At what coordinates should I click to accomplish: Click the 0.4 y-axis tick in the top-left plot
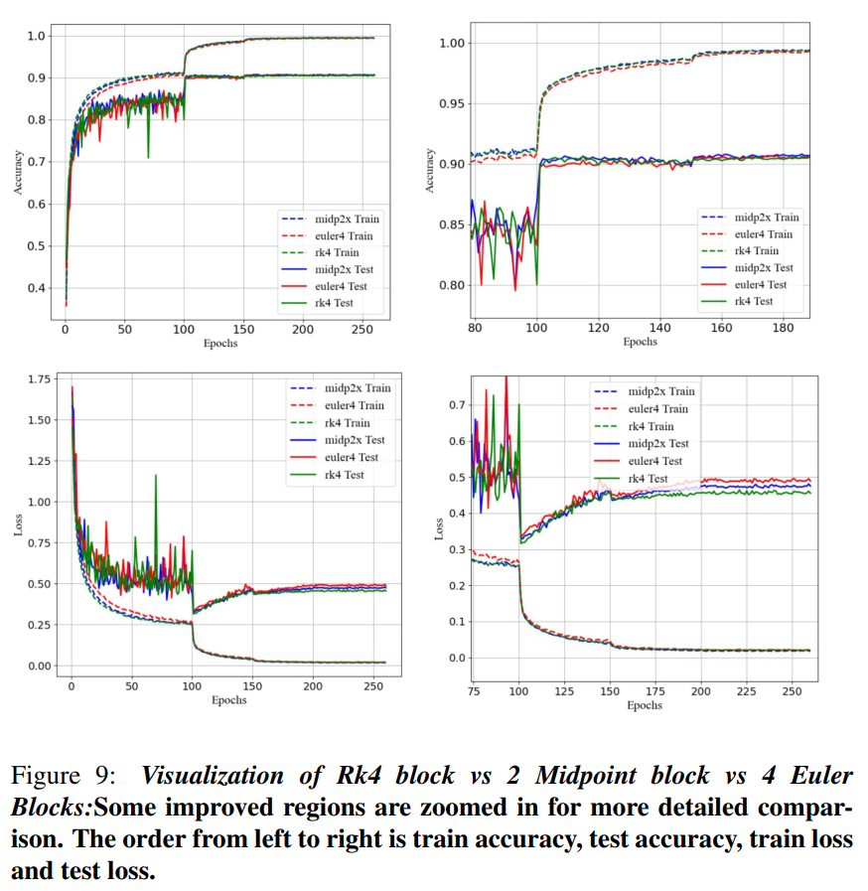35,288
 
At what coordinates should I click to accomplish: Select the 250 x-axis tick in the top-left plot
363,330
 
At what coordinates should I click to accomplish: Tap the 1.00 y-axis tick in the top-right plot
453,43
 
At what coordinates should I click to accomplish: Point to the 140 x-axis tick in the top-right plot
660,328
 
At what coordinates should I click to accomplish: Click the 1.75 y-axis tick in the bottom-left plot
39,379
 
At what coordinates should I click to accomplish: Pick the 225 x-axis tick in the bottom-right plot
747,690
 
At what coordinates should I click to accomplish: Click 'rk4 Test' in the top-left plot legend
333,303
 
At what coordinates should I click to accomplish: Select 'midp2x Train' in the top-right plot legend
766,217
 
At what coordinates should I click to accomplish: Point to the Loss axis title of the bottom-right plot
440,528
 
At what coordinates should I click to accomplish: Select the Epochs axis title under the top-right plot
641,342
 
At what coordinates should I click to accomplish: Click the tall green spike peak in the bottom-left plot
156,476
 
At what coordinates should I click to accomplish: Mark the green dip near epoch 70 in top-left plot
149,156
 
